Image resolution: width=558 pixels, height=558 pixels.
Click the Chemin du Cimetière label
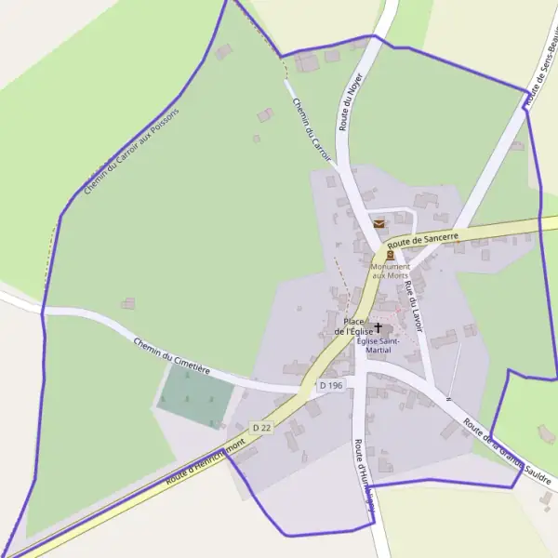(171, 357)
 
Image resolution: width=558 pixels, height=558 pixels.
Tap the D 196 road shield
(330, 385)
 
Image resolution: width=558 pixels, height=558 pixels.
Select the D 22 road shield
(260, 428)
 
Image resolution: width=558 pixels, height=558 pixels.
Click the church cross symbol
(378, 327)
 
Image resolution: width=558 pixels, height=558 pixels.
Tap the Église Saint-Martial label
(379, 345)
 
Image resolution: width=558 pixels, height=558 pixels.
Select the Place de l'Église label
(353, 326)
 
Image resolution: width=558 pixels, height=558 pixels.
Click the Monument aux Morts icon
(390, 254)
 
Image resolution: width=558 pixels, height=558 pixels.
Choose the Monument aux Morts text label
(390, 271)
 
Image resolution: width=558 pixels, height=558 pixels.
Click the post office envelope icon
(379, 223)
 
